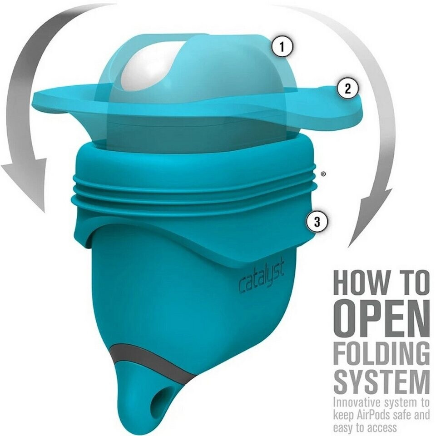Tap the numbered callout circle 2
347,89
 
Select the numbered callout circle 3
317,222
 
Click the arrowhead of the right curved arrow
370,217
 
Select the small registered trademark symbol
323,174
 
